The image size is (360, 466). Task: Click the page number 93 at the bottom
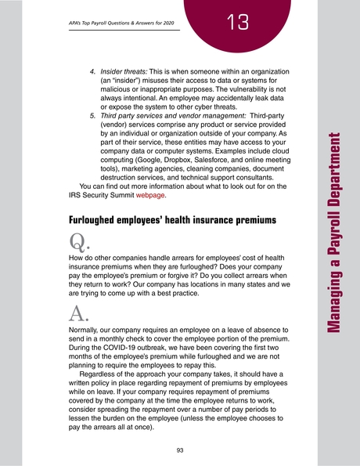tap(180, 450)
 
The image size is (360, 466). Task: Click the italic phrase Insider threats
tap(123, 70)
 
